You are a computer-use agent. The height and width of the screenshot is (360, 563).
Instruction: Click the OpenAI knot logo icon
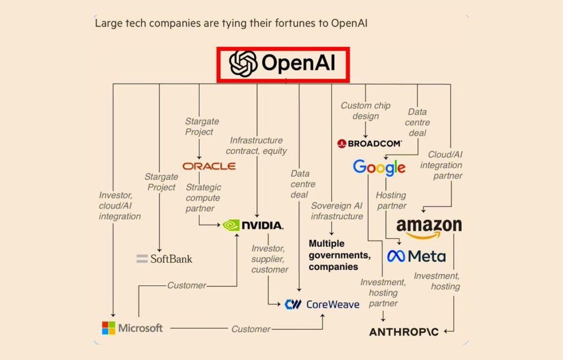pos(243,64)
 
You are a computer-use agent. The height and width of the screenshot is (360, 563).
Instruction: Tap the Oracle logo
pos(209,166)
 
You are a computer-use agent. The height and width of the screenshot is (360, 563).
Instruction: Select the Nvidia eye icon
pos(231,225)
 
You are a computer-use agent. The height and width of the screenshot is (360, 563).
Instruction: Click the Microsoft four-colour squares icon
pos(108,327)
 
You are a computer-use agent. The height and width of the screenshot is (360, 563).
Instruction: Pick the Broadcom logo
pos(369,143)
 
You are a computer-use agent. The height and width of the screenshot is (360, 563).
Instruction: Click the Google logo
pos(379,167)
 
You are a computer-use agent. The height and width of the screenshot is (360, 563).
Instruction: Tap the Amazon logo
pos(429,228)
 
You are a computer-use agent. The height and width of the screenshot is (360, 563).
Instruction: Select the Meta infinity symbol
pos(396,256)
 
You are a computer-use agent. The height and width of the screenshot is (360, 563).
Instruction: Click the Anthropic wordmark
pos(404,332)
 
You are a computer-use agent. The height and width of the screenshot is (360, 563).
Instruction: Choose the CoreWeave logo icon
pos(293,305)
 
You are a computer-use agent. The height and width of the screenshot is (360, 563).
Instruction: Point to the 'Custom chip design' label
pos(365,111)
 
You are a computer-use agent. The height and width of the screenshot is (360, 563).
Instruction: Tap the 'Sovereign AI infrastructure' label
pos(337,211)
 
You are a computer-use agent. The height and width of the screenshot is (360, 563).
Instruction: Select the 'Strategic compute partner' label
pos(203,198)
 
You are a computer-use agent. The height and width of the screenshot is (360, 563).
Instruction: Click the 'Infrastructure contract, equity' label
pos(256,146)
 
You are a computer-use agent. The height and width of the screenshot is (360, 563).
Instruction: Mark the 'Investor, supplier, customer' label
pos(270,259)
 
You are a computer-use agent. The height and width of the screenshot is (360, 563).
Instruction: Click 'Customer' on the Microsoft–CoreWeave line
pos(251,329)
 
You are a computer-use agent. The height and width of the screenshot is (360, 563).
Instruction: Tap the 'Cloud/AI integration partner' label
pos(441,165)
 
